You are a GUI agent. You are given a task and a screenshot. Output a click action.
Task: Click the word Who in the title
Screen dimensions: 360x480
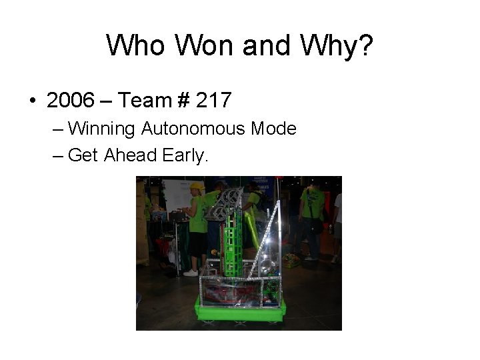tap(135, 46)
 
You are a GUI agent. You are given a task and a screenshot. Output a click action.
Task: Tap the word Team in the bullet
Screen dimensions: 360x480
tap(145, 101)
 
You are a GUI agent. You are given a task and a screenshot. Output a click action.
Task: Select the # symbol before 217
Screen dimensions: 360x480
tap(183, 101)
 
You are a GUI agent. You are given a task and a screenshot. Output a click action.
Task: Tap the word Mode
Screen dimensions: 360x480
tap(274, 129)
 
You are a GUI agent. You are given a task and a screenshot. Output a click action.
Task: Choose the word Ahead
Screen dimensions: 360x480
tap(131, 156)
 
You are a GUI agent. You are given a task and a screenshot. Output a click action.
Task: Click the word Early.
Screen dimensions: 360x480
tap(185, 156)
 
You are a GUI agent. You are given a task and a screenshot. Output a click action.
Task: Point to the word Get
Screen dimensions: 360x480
tap(83, 156)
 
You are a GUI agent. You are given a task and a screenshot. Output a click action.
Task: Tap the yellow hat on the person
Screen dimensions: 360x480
tap(197, 186)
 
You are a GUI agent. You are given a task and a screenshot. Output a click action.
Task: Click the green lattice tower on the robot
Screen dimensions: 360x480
tap(232, 240)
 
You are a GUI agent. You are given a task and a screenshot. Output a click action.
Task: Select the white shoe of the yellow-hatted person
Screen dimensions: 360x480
tap(191, 273)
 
